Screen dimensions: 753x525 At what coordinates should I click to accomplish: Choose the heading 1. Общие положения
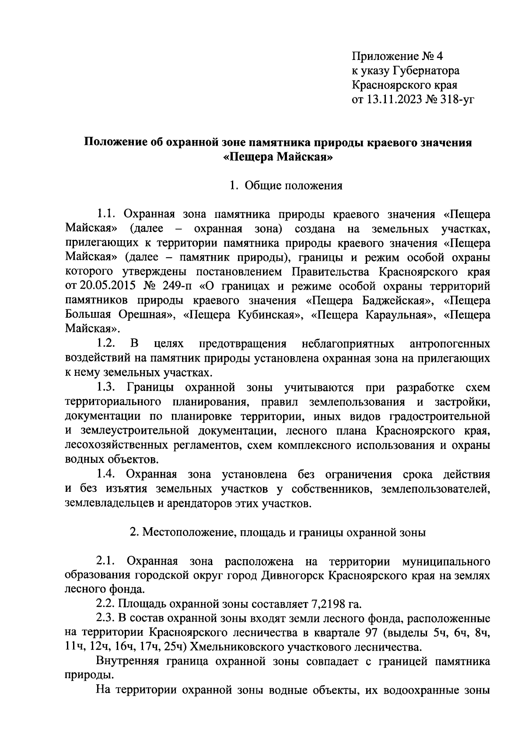[x=286, y=186]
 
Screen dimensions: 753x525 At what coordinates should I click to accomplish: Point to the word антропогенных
[x=450, y=344]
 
